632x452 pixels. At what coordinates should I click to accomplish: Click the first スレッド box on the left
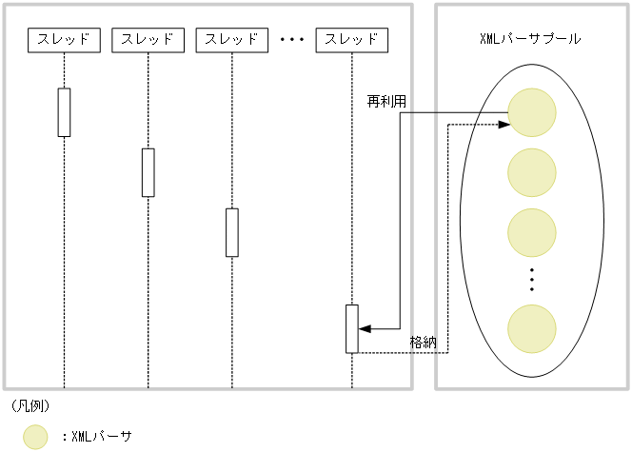(x=64, y=40)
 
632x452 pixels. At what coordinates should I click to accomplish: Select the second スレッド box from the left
(x=148, y=40)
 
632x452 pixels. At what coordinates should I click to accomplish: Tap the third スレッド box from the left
(x=231, y=40)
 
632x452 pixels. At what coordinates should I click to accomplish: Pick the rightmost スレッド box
(x=351, y=40)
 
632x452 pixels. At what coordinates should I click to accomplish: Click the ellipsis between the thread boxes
(x=291, y=40)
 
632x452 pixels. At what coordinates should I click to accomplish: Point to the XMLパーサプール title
(x=531, y=39)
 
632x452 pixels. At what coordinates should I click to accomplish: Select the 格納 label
(x=424, y=341)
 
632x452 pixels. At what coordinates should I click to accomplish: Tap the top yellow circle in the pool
(x=531, y=112)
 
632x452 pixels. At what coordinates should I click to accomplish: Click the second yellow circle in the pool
(x=531, y=171)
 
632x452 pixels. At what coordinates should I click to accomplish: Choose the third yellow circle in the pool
(x=531, y=231)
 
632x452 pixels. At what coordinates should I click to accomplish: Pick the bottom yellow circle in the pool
(x=531, y=328)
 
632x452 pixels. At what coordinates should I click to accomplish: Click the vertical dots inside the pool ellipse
(x=531, y=280)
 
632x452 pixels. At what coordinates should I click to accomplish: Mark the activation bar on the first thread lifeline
(x=64, y=112)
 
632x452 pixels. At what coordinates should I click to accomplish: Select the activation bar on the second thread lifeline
(x=148, y=172)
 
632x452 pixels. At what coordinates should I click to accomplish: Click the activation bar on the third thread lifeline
(x=231, y=232)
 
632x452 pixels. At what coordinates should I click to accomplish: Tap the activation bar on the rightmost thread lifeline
(x=351, y=328)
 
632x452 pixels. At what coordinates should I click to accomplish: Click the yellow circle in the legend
(x=35, y=437)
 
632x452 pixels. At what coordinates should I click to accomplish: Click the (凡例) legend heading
(x=31, y=405)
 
